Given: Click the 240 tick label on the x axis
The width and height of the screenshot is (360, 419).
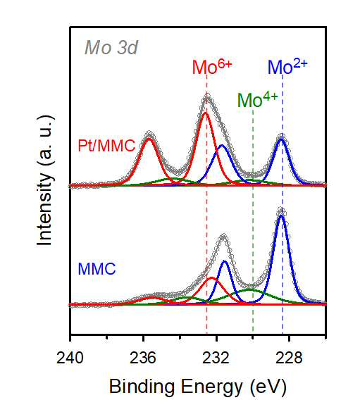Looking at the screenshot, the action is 70,358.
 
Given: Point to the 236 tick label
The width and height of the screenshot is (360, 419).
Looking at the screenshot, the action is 143,358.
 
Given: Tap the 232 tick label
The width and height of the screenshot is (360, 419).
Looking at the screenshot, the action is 216,358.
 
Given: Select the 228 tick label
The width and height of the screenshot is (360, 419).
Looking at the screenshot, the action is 289,358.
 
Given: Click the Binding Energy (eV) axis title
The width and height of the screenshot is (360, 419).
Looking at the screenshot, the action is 197,387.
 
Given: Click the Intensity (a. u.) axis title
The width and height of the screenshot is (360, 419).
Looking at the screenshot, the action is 44,181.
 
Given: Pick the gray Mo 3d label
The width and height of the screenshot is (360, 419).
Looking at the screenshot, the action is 111,48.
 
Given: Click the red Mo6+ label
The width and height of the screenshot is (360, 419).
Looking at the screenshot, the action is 212,66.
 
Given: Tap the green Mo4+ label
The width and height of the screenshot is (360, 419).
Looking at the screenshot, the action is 258,100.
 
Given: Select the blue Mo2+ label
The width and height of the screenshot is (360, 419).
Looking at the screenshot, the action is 287,66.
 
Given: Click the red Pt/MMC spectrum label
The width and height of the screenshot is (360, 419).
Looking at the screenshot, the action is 106,146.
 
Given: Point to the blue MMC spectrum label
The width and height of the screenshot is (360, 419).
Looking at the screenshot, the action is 97,268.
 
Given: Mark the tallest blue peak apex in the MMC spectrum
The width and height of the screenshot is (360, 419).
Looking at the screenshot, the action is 281,215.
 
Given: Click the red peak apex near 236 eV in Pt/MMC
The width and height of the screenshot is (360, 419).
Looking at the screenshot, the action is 149,139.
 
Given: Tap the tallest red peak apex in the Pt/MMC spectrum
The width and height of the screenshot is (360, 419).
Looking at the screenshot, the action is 205,113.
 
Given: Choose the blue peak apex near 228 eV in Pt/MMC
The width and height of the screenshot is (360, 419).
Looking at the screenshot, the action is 281,139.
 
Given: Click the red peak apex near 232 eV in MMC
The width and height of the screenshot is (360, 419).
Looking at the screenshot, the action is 212,277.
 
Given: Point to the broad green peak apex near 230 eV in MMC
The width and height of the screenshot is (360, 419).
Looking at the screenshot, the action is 249,289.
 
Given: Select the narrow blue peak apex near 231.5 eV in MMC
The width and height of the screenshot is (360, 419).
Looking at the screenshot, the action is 224,261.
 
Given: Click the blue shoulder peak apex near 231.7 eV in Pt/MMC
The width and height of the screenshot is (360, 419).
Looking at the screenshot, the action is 222,145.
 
